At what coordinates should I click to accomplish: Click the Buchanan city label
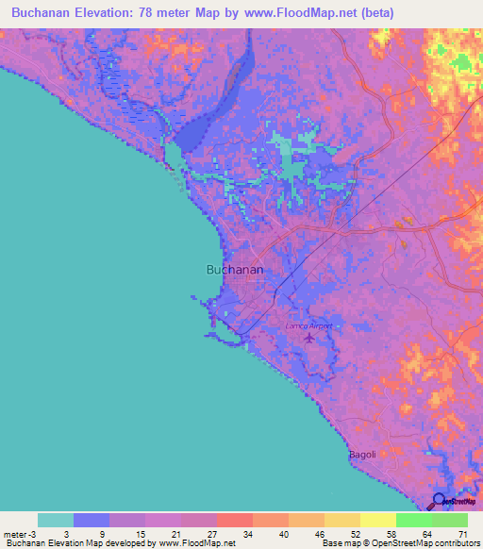(234, 269)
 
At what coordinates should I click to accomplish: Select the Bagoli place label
(363, 454)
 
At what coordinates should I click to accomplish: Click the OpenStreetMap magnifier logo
(440, 501)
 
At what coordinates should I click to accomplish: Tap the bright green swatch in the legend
(413, 520)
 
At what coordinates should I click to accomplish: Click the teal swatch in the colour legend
(56, 520)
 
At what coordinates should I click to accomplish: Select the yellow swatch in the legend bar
(377, 520)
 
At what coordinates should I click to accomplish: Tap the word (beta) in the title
(375, 12)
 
